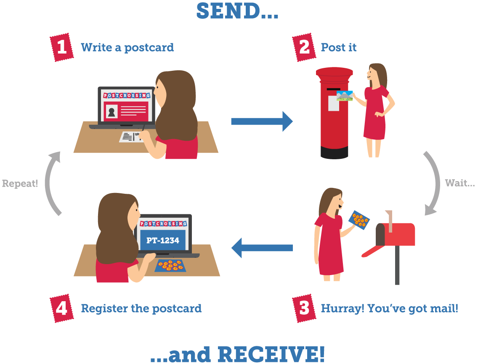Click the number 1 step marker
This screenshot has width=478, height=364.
click(62, 47)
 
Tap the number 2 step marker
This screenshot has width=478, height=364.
click(304, 47)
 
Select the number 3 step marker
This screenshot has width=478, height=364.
click(304, 308)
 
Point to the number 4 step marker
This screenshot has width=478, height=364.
click(61, 308)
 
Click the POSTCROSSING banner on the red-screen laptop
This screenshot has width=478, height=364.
click(127, 96)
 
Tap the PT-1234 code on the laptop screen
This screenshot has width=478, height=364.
click(163, 241)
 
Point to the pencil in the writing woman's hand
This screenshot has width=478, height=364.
click(143, 127)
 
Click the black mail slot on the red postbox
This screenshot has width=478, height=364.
click(333, 89)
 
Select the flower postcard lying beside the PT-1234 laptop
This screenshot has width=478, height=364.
click(170, 265)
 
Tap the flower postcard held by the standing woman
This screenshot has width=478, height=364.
click(360, 220)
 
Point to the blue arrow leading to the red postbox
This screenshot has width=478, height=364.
click(278, 121)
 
